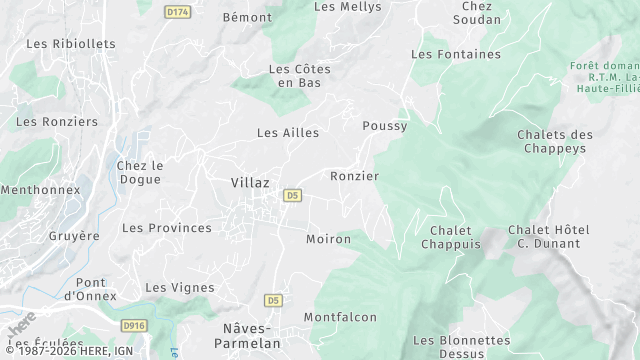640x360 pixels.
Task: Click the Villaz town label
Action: click(x=249, y=183)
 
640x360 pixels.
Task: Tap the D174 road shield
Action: click(x=178, y=11)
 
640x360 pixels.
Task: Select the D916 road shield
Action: click(x=134, y=325)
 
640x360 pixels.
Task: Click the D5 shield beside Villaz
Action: click(x=292, y=195)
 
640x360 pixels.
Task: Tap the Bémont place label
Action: click(x=246, y=17)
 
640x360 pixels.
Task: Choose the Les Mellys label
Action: click(x=347, y=6)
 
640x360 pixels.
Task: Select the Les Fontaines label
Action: click(x=455, y=54)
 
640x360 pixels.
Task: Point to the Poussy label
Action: click(x=384, y=126)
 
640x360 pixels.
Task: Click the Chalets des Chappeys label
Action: click(x=555, y=141)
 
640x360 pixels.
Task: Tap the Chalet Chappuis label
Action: click(x=451, y=237)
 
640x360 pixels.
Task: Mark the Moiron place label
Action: click(x=328, y=239)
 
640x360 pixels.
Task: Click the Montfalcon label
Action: click(x=340, y=317)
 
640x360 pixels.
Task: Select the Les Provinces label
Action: click(x=167, y=228)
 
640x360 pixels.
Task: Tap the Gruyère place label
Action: click(x=74, y=236)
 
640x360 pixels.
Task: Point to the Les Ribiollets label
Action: click(x=71, y=44)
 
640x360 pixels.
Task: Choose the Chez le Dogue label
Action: click(x=140, y=172)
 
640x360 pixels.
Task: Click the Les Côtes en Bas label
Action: click(x=299, y=75)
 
